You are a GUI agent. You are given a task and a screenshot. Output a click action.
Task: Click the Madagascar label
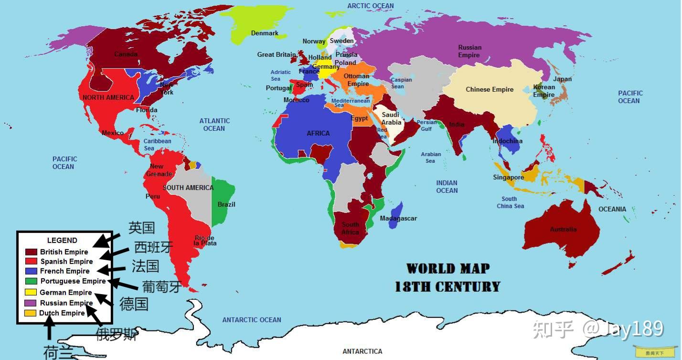coord(398,218)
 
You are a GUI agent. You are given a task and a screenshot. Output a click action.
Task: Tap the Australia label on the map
coord(563,229)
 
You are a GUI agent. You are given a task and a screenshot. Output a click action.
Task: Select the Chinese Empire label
coord(490,89)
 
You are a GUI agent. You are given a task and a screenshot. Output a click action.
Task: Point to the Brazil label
coord(226,204)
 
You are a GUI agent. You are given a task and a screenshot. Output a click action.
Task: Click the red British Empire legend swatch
coord(31,252)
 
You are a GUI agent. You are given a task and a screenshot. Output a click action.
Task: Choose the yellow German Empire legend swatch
coord(31,292)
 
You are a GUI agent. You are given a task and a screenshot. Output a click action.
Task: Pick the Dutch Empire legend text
coord(62,313)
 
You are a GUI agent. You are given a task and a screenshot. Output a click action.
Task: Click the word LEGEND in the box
coord(62,240)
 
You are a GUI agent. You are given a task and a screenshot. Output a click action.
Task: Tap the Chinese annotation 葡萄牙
coord(162,286)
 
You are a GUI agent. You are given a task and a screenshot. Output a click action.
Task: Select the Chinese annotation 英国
coord(142,228)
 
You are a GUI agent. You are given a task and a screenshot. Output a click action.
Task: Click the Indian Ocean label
coord(447,186)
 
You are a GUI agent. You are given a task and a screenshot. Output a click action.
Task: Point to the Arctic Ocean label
coord(371,6)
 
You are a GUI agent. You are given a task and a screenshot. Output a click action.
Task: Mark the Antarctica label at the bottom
coord(362,351)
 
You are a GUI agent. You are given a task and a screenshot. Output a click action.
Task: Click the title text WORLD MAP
coord(448,268)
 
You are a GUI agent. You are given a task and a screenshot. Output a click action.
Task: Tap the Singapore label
coord(508,177)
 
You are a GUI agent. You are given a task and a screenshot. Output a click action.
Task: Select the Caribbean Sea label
coord(157,144)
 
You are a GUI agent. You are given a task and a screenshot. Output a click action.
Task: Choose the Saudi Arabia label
coord(391,118)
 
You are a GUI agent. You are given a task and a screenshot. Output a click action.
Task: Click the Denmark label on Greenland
coord(265,33)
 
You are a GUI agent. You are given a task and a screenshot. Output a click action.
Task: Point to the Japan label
coord(562,79)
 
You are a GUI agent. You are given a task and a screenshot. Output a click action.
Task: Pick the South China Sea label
coord(510,202)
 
